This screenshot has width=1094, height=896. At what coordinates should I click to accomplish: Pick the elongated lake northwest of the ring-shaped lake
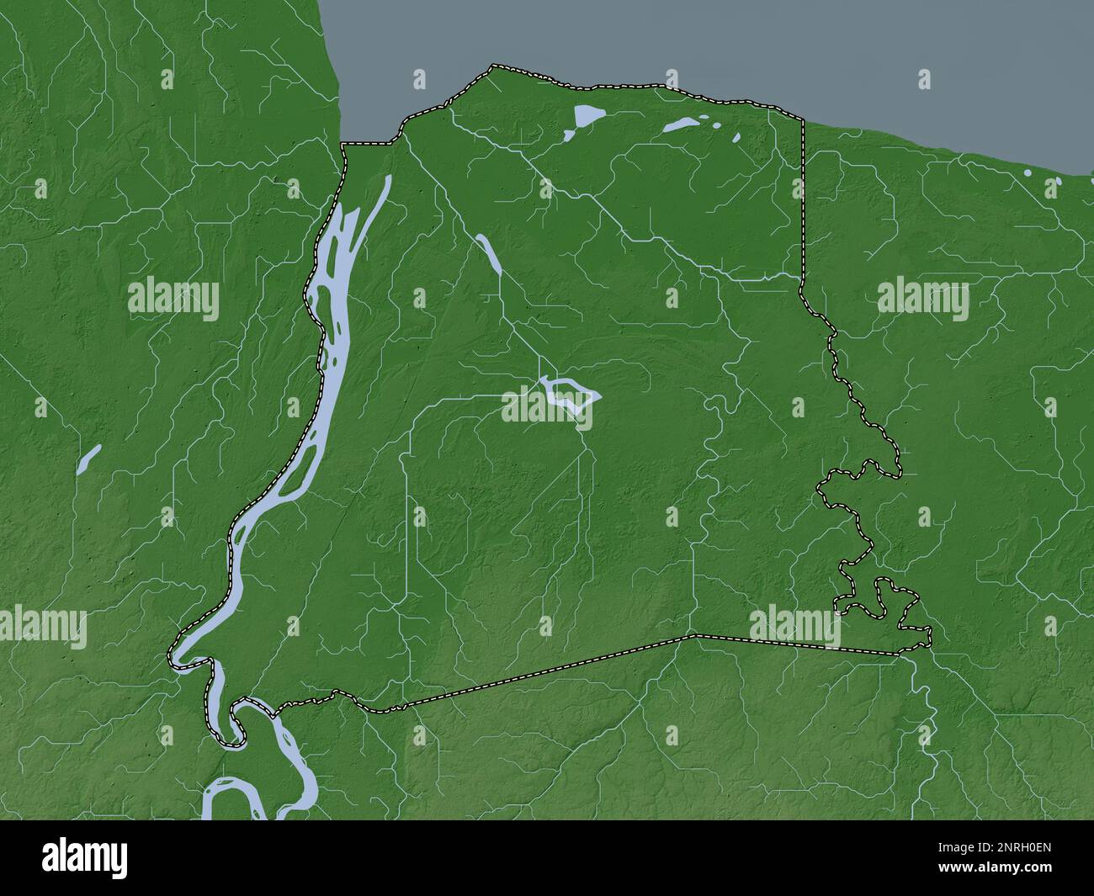tap(490, 254)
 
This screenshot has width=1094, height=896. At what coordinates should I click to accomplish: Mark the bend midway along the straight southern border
tap(692, 636)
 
